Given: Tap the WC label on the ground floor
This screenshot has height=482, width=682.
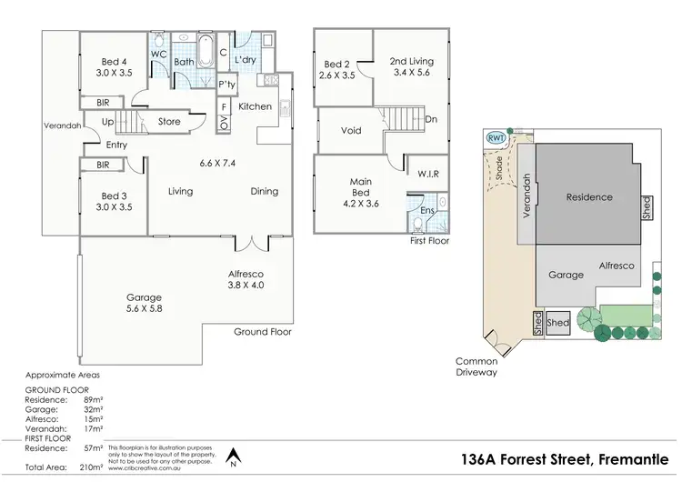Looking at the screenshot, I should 157,55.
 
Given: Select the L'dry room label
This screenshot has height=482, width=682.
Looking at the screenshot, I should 244,61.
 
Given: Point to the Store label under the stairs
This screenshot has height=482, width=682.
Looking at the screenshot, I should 169,122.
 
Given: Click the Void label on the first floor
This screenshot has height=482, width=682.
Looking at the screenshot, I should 351,131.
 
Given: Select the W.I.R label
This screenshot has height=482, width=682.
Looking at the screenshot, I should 429,172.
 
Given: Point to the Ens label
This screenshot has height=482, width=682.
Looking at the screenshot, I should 426,211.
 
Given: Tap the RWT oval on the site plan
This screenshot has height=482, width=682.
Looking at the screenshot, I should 496,137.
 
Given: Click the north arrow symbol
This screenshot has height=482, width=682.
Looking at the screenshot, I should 234,455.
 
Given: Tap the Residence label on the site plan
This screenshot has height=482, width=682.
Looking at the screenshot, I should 589,197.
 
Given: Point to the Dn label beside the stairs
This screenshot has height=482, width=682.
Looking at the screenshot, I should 430,119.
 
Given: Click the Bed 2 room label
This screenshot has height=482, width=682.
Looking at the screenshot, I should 336,70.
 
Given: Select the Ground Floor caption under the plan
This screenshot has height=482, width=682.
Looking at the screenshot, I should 263,333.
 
